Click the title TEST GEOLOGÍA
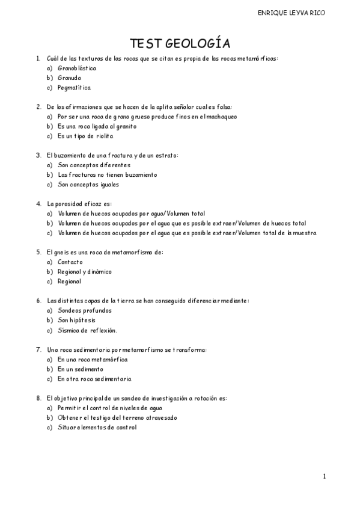pos(180,43)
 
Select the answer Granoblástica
pos(77,68)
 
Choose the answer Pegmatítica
pos(75,87)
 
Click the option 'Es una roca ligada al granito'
pos(97,126)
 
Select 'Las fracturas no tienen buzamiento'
pos(107,174)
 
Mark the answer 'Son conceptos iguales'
pos(88,184)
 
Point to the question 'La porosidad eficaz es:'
pos(79,203)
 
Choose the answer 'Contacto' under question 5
pos(70,262)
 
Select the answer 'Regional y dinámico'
pos(84,271)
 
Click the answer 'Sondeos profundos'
pos(84,310)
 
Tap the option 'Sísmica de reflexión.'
pos(87,330)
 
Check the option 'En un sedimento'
pos(80,369)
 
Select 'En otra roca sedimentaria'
pos(94,379)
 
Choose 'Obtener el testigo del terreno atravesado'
pos(117,417)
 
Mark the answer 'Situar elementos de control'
pos(97,427)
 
